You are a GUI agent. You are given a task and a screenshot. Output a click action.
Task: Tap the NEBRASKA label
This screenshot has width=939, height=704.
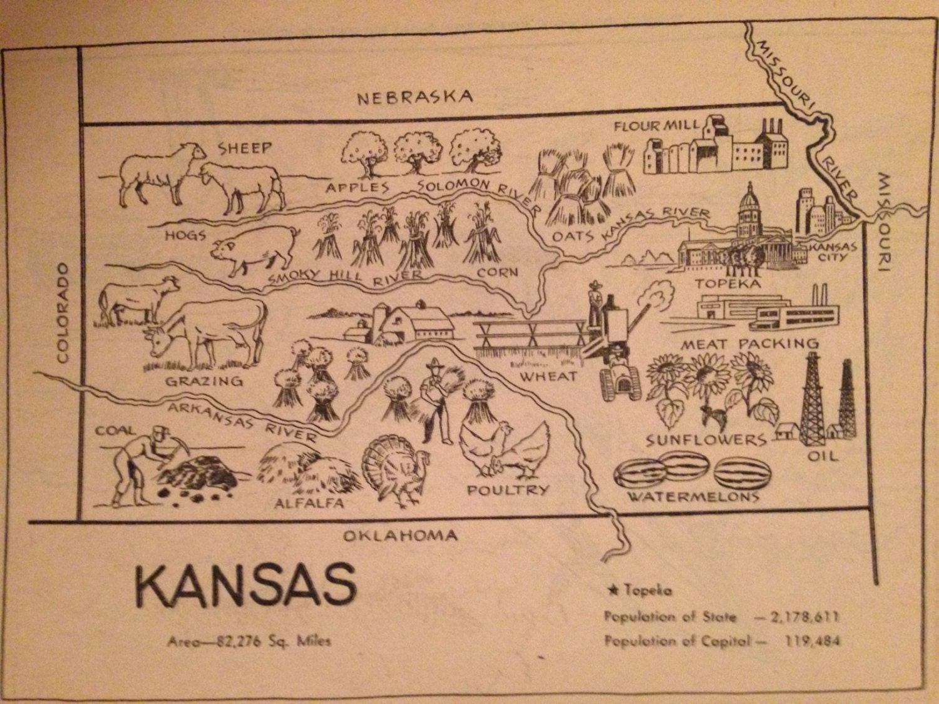pos(415,97)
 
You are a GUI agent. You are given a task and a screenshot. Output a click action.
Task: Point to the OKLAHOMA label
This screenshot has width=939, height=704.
pos(401,535)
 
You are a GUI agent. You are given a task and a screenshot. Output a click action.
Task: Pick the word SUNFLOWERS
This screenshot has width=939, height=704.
pos(706,440)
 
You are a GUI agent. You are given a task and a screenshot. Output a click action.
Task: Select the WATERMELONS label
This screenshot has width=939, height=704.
pos(693,497)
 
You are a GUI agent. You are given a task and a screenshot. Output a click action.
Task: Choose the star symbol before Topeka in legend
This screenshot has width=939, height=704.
pos(612,590)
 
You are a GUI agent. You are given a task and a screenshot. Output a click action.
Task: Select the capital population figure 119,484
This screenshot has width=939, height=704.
pos(812,641)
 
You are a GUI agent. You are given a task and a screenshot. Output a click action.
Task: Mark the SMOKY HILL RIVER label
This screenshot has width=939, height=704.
pos(344,277)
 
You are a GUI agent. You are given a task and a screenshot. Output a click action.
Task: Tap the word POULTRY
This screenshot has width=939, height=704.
pos(508,490)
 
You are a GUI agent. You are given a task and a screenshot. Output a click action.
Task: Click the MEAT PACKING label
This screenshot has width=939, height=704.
pos(749,344)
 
